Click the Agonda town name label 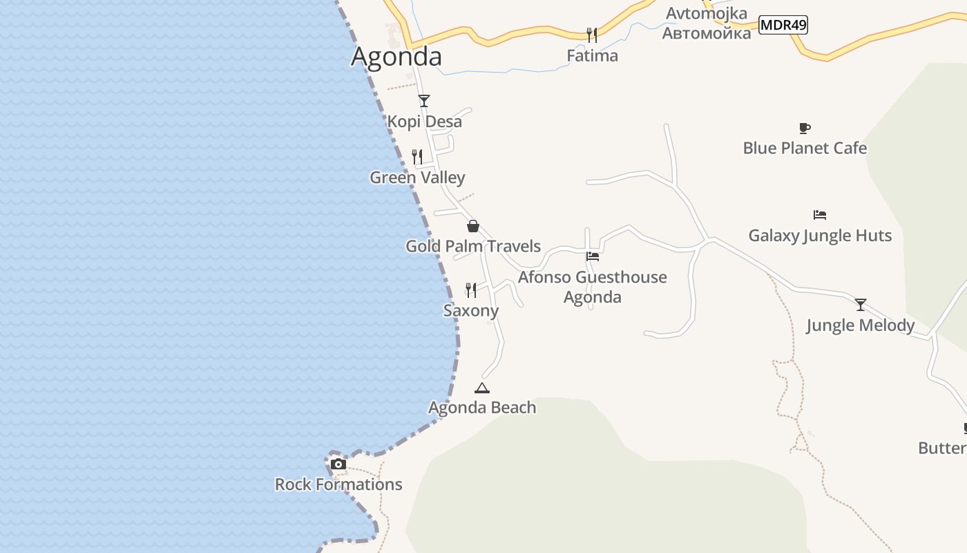point(396,56)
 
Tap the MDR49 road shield point(783,25)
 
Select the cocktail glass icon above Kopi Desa point(424,101)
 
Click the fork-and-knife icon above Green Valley point(417,157)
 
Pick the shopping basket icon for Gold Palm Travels point(473,226)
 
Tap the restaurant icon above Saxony point(471,290)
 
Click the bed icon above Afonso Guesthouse point(592,256)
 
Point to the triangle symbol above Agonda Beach point(482,388)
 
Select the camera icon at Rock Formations point(338,464)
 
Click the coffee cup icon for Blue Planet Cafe point(805,128)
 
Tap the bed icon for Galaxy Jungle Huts point(820,215)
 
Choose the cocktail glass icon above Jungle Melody point(861,305)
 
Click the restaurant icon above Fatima point(592,35)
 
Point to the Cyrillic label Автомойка point(706,32)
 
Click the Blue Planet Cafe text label point(805,148)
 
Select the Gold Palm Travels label point(473,246)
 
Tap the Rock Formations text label point(338,484)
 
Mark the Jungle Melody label point(861,325)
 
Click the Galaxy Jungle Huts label point(820,235)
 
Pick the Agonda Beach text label point(482,407)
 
